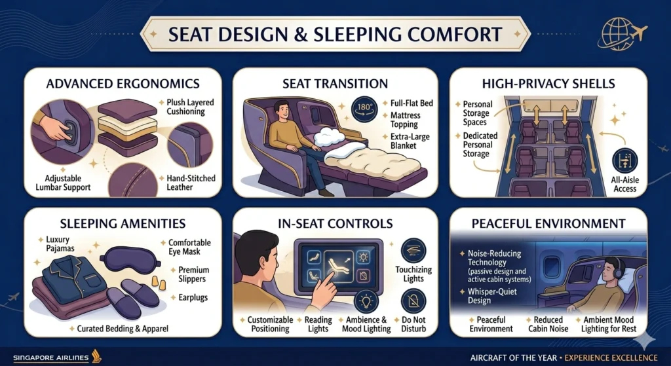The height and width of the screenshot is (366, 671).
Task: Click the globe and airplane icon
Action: pos(621,33)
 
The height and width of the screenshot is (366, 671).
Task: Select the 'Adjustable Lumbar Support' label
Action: pos(60,182)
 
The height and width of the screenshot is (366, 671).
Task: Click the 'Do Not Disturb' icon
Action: pos(414,302)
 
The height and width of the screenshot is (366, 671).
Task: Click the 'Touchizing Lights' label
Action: pos(414,274)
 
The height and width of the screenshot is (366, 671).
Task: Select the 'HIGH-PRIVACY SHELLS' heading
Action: pos(548,84)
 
